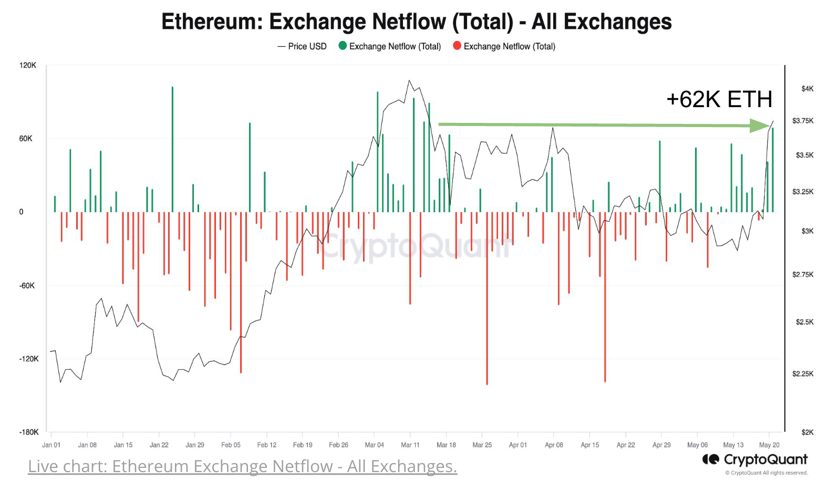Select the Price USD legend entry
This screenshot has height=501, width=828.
pyautogui.click(x=302, y=46)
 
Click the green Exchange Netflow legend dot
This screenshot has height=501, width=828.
pyautogui.click(x=343, y=46)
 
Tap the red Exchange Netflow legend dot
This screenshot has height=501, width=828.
pyautogui.click(x=457, y=46)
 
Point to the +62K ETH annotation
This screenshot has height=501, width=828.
pyautogui.click(x=719, y=99)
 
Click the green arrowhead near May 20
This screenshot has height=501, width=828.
pyautogui.click(x=760, y=126)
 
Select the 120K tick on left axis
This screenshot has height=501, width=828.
pyautogui.click(x=28, y=65)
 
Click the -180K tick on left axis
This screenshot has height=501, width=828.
pyautogui.click(x=29, y=432)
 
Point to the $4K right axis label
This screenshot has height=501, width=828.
pyautogui.click(x=807, y=89)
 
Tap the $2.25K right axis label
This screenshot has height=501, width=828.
pyautogui.click(x=802, y=374)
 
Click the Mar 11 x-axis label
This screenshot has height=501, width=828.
pyautogui.click(x=410, y=445)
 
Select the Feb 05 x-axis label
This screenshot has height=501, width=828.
pyautogui.click(x=231, y=445)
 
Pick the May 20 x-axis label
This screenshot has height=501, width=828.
pyautogui.click(x=769, y=445)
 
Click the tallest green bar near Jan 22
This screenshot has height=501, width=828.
pyautogui.click(x=172, y=147)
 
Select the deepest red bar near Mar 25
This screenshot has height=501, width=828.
pyautogui.click(x=487, y=299)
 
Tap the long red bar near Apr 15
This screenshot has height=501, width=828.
pyautogui.click(x=605, y=297)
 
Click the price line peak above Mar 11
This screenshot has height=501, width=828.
pyautogui.click(x=409, y=81)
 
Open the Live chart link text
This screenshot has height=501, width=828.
pyautogui.click(x=242, y=466)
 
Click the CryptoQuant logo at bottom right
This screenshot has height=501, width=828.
pyautogui.click(x=754, y=460)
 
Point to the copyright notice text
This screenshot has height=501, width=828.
pyautogui.click(x=766, y=473)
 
